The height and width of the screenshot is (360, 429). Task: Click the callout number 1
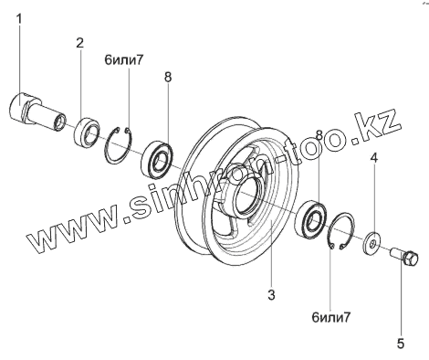pos(19,19)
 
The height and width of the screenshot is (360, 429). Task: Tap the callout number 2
pos(79,43)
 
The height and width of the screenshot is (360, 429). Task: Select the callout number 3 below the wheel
pos(271,294)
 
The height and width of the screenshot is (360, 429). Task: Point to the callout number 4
pos(374,158)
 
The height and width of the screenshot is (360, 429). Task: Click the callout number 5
pos(401,344)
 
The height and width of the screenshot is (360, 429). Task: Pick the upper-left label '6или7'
pos(123,60)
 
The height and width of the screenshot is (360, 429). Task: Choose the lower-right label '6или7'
pos(331,317)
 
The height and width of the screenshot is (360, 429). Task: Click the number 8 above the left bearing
pos(168,77)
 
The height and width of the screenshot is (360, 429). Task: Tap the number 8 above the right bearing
pos(319,134)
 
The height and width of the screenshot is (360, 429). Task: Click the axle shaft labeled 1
pos(37,112)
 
